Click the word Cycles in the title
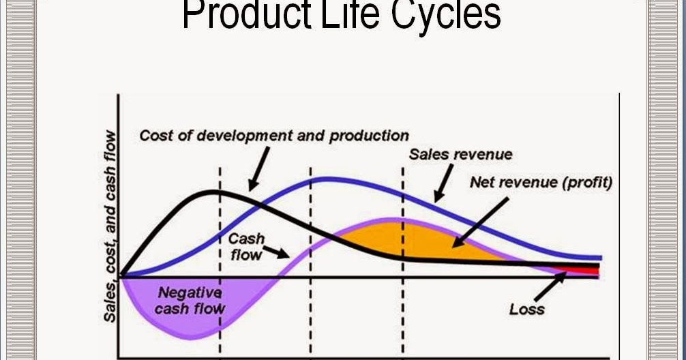click(x=446, y=15)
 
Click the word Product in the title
click(x=246, y=14)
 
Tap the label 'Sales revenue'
click(x=460, y=154)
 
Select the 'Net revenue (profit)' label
click(x=541, y=183)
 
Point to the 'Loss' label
click(x=526, y=310)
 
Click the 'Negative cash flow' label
click(x=190, y=301)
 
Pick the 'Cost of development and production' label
click(x=274, y=136)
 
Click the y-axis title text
click(x=110, y=226)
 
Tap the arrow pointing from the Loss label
click(x=550, y=286)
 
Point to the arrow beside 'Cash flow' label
click(x=276, y=252)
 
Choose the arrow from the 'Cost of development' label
click(x=258, y=169)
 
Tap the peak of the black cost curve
click(x=213, y=191)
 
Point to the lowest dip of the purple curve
click(x=191, y=337)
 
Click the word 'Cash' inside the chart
click(x=246, y=239)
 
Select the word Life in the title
click(x=349, y=14)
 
